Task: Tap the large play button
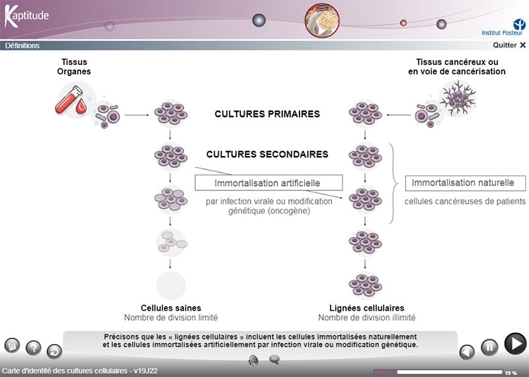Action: pos(515,344)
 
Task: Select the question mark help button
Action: pos(33,348)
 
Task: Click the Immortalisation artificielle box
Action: pos(268,183)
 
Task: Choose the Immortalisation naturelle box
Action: pos(465,183)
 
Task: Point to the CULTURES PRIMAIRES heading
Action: pos(267,114)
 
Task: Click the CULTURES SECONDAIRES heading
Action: pos(267,154)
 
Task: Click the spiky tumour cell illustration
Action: pos(456,97)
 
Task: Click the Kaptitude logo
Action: pos(26,16)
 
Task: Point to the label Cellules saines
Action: pos(171,308)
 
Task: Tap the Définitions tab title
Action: pos(22,46)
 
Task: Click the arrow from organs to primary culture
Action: pos(137,115)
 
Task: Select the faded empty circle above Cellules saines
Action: pos(171,285)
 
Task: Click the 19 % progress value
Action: pos(511,373)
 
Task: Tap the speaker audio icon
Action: pos(253,360)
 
